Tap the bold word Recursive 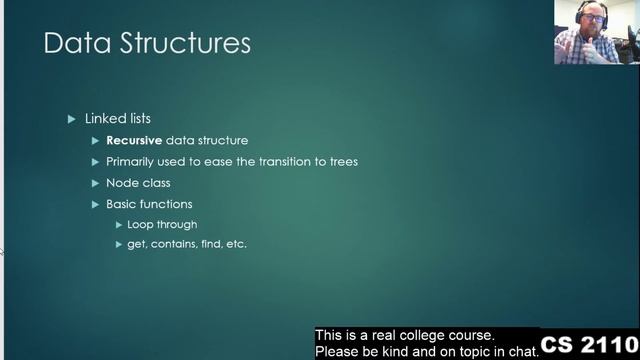click(134, 140)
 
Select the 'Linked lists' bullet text click(119, 119)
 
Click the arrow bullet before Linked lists click(71, 119)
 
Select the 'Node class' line click(138, 183)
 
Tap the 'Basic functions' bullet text click(149, 204)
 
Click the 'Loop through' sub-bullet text click(162, 224)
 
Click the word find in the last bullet click(205, 244)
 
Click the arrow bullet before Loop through click(118, 224)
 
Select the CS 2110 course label click(590, 345)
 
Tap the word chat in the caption click(520, 352)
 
